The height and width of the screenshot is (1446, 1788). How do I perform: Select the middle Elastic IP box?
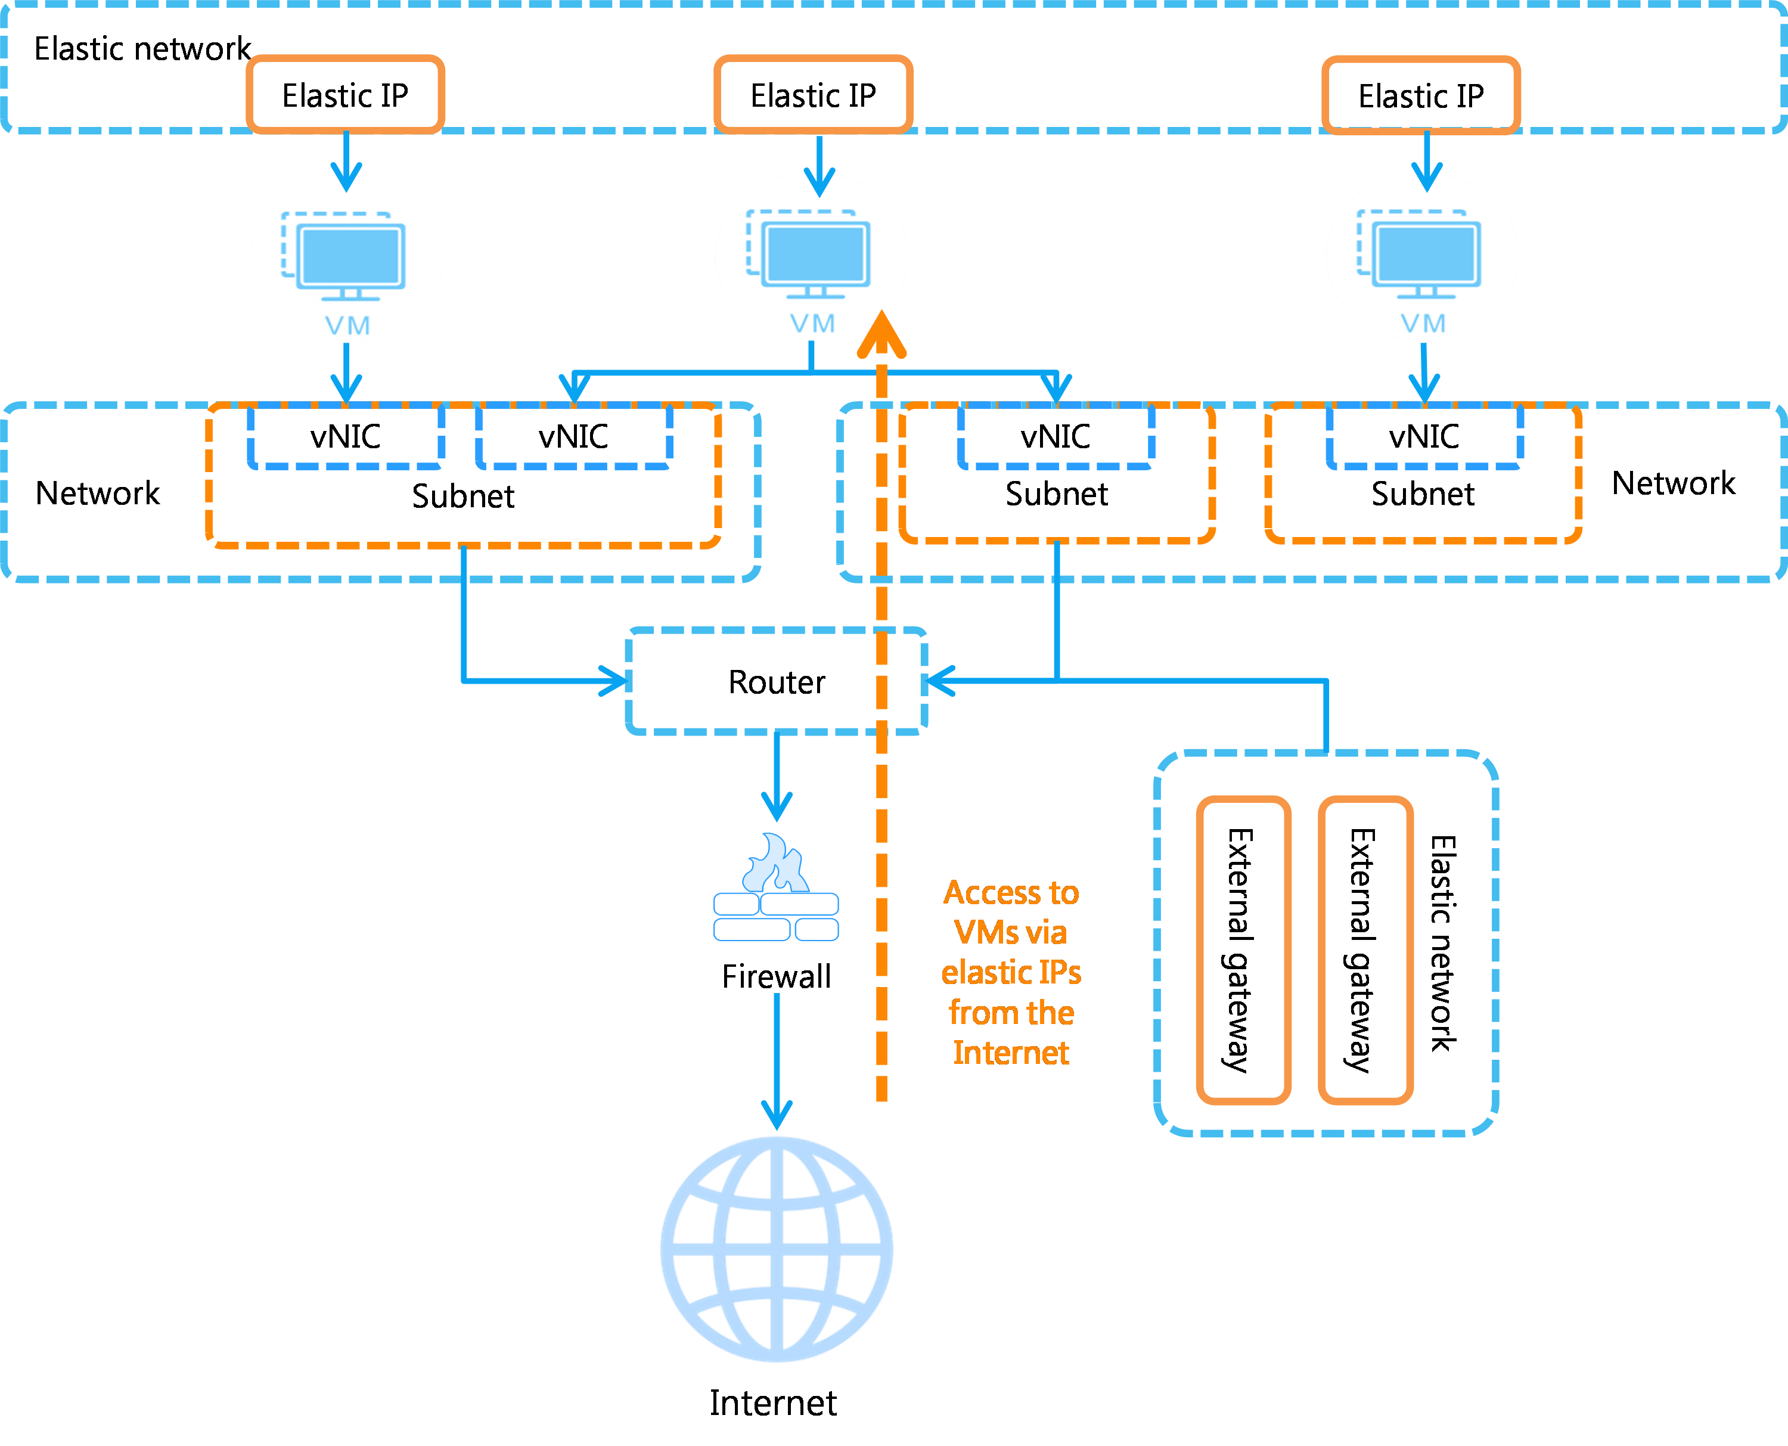tap(813, 94)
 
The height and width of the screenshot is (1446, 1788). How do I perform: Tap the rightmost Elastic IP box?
tap(1421, 94)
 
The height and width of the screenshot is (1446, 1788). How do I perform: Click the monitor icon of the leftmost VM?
tap(352, 256)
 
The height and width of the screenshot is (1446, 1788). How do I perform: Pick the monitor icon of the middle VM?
tap(816, 255)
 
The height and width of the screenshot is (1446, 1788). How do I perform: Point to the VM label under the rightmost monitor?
tap(1423, 323)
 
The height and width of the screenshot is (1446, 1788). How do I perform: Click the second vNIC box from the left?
tap(573, 435)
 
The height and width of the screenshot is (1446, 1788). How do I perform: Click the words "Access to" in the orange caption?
tap(1011, 893)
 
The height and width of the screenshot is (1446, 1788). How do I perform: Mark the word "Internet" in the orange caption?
tap(1011, 1054)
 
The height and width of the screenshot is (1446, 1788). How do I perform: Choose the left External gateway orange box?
tap(1243, 949)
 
